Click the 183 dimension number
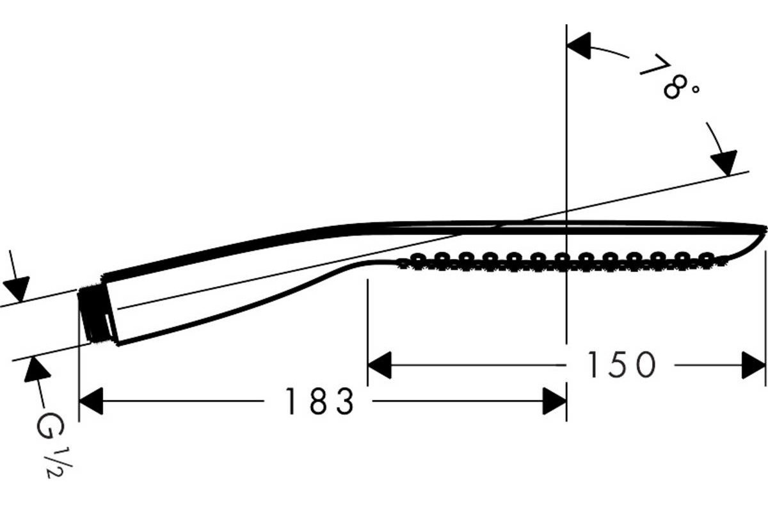(x=319, y=401)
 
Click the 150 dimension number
(x=621, y=365)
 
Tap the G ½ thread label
(x=52, y=445)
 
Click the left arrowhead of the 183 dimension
(x=91, y=401)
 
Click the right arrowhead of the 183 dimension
(x=555, y=401)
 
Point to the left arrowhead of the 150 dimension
(x=380, y=365)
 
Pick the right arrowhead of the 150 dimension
(x=754, y=365)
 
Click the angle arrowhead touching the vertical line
(x=579, y=45)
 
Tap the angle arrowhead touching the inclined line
(x=724, y=163)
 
